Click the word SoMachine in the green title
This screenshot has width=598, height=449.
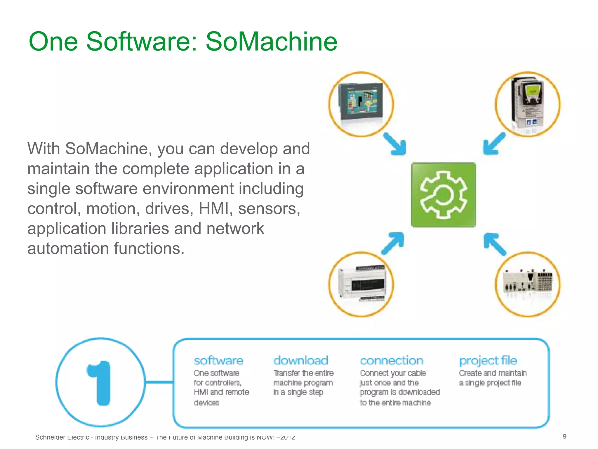tap(271, 42)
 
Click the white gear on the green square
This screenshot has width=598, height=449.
tap(443, 195)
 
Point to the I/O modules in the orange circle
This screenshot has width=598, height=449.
tap(527, 282)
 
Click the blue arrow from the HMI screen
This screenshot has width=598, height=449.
tap(395, 144)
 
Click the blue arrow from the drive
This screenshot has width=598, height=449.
tap(493, 144)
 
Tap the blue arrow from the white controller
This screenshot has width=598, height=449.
tap(394, 243)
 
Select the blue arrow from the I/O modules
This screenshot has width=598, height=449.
tap(494, 244)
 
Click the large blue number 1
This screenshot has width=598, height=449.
tap(100, 383)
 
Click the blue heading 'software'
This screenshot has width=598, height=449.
tap(219, 360)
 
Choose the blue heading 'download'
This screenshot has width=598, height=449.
tap(301, 360)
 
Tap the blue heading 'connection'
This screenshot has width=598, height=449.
tap(391, 360)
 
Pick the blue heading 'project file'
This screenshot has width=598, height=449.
tap(488, 361)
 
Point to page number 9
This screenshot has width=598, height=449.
tap(564, 436)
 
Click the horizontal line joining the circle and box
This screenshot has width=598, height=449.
tap(159, 382)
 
